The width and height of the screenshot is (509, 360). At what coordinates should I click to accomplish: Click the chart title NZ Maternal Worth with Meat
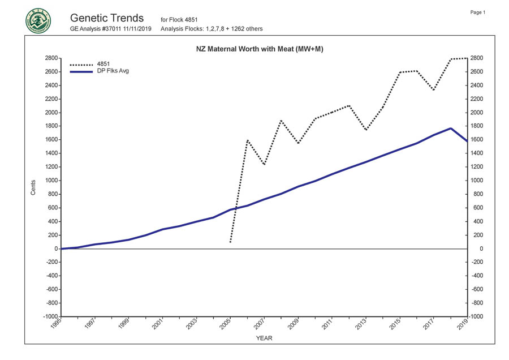[x=255, y=49]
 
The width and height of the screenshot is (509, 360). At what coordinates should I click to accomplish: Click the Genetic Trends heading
[x=107, y=18]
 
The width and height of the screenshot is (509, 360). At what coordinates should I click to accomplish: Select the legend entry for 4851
[x=103, y=64]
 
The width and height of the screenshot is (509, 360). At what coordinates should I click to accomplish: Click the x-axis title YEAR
[x=264, y=338]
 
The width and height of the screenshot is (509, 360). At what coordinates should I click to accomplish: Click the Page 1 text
[x=478, y=12]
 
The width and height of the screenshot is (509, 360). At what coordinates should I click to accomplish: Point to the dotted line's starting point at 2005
[x=230, y=242]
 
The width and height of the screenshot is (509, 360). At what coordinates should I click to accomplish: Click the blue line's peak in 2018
[x=450, y=128]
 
